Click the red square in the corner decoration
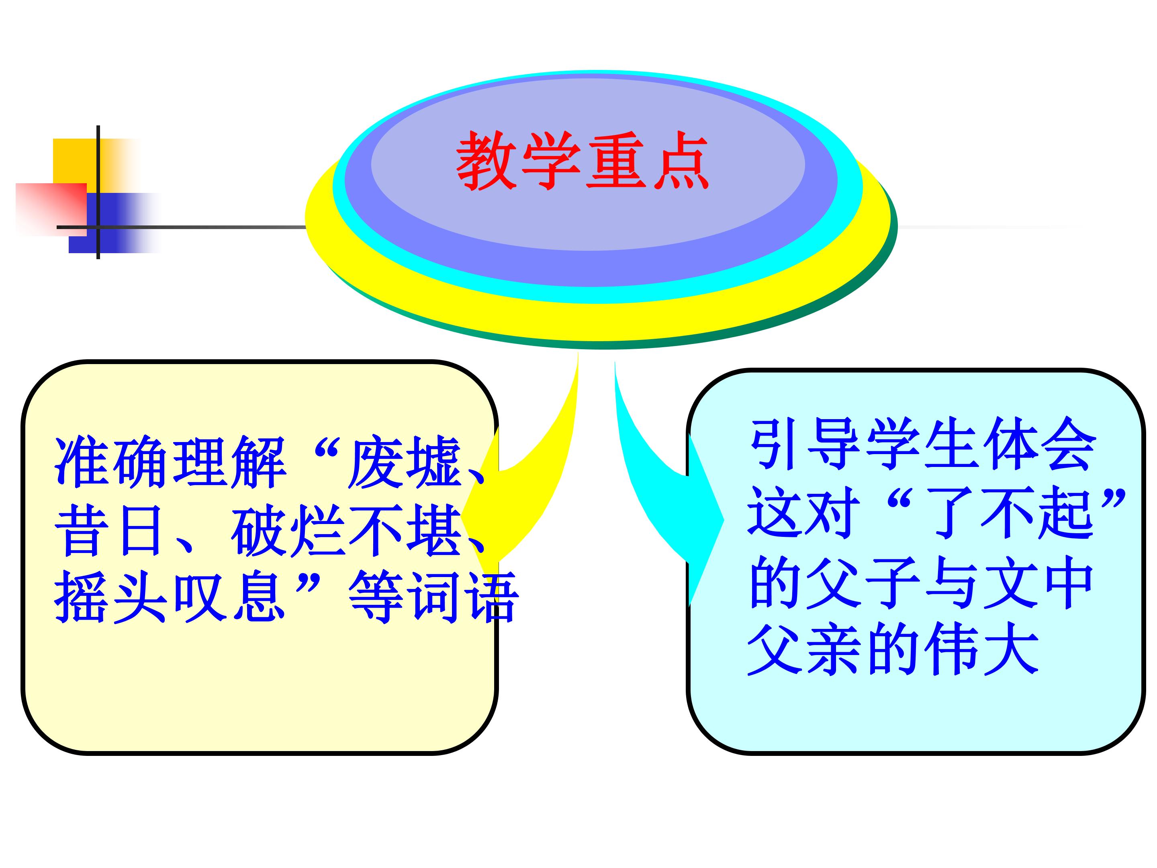51,210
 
